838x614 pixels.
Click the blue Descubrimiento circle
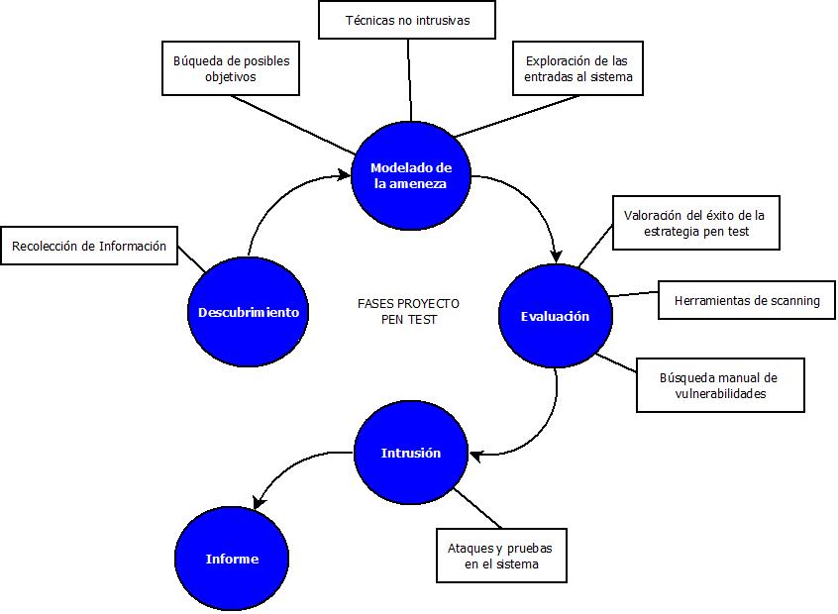248,312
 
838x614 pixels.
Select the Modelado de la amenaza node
409,175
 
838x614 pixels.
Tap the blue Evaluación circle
555,316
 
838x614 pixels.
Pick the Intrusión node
410,453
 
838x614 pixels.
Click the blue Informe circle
232,559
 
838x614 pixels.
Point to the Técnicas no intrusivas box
407,20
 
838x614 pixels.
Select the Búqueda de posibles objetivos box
230,68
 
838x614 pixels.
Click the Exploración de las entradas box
578,68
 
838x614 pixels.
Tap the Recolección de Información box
89,247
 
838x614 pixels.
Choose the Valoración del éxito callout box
695,223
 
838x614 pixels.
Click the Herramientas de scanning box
746,300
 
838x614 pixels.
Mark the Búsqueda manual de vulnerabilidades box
718,385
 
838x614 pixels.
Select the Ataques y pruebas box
501,556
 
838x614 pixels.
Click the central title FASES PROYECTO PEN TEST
408,311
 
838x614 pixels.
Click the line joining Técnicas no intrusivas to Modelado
408,79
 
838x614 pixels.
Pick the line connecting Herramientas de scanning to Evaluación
634,293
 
